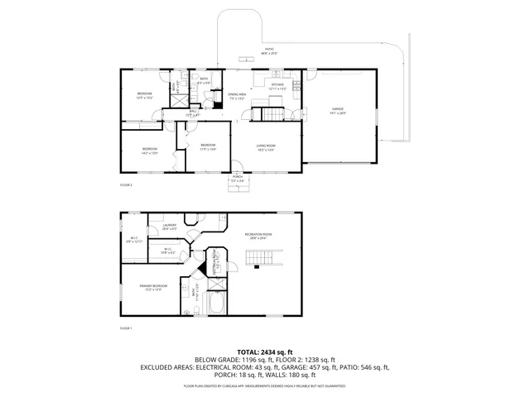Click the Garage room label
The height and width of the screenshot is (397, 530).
pos(338,111)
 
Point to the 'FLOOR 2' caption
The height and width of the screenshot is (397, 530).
pos(126,184)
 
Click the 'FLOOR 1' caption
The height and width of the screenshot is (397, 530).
pos(126,328)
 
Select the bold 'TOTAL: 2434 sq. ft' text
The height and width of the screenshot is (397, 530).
pos(264,352)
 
